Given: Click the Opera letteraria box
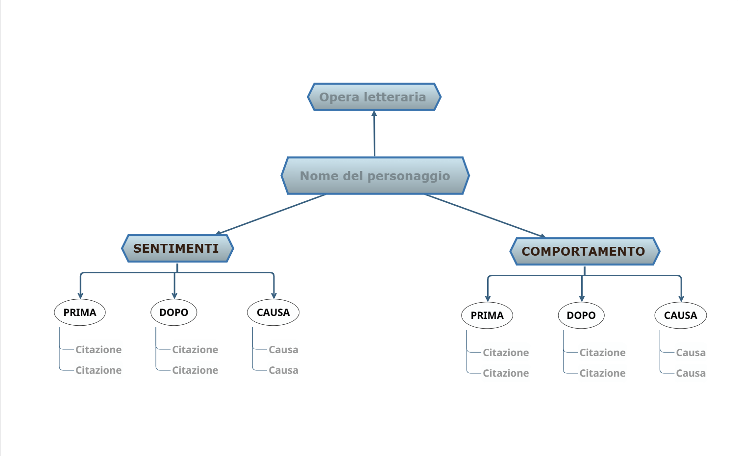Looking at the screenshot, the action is coord(374,97).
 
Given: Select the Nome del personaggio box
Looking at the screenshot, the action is coord(375,175).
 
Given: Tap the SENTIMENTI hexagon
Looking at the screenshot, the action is coord(177,248).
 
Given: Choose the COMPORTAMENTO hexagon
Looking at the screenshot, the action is coord(585,251).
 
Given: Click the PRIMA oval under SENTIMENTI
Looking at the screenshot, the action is coord(80,312).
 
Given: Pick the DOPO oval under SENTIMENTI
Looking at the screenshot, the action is coord(173,312).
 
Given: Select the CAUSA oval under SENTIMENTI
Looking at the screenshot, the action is coord(273,312).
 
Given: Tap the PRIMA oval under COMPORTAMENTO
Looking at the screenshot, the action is coord(487,315).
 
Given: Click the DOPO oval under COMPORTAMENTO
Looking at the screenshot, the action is coord(581,315).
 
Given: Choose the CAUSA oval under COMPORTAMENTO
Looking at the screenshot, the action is coord(680,315).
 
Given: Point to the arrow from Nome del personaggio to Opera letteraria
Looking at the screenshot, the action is coord(374,134).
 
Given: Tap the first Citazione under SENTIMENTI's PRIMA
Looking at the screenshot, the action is coord(98,349).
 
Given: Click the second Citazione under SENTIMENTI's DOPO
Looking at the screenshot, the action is coord(195,370).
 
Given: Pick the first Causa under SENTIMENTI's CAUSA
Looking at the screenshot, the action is coord(283,349).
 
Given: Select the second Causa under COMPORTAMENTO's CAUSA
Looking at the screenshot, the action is coord(690,373).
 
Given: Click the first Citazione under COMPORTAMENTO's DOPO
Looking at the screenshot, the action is coord(602,352).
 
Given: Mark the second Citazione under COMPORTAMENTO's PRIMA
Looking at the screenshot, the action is coord(506,373).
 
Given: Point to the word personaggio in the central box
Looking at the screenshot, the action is coord(409,176).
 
